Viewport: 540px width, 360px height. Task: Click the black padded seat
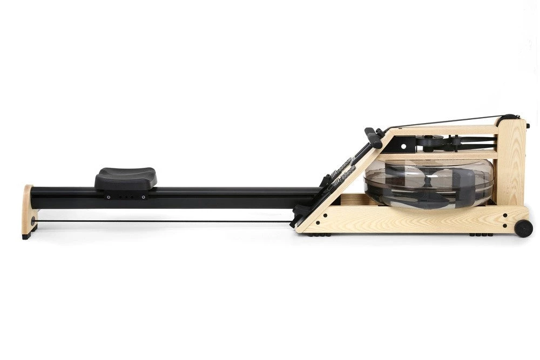126,178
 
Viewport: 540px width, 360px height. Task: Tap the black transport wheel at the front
523,228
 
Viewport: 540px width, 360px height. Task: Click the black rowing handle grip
373,137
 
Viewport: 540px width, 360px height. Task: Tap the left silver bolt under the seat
108,197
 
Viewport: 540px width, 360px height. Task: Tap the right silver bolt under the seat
144,197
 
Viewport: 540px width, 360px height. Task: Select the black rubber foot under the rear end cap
26,236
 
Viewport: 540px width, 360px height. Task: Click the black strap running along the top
448,121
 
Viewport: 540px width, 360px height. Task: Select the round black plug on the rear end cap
32,221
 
